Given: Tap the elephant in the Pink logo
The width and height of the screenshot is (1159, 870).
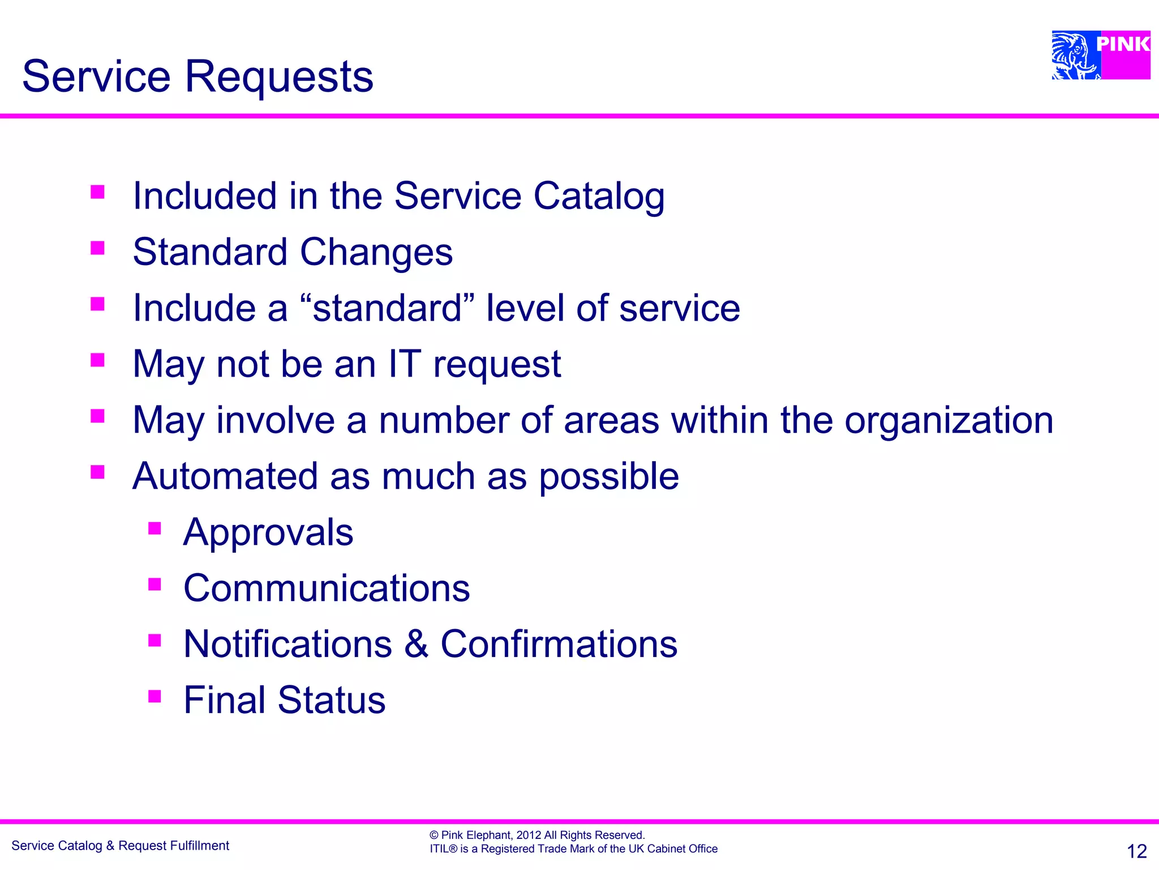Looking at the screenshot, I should tap(1074, 56).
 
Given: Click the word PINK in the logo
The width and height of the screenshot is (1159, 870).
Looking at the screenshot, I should tap(1123, 44).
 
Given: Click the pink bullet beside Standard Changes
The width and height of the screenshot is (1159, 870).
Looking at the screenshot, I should tap(98, 248).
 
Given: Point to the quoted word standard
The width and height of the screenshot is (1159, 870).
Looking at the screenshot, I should tap(388, 308).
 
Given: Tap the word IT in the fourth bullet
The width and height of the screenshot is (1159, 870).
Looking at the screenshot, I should tap(404, 364).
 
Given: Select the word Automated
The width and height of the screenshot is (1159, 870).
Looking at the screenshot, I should tap(225, 476).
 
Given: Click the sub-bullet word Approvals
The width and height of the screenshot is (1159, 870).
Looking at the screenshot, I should tap(268, 532).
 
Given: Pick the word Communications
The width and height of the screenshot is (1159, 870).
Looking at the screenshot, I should tap(327, 588).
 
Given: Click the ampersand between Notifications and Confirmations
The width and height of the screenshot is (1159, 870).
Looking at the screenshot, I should tap(416, 644).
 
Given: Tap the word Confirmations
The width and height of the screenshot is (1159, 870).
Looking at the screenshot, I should tap(559, 644).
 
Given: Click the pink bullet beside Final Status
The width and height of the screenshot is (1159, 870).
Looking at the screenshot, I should tap(154, 696).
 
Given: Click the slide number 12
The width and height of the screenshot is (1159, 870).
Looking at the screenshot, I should tap(1136, 851).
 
